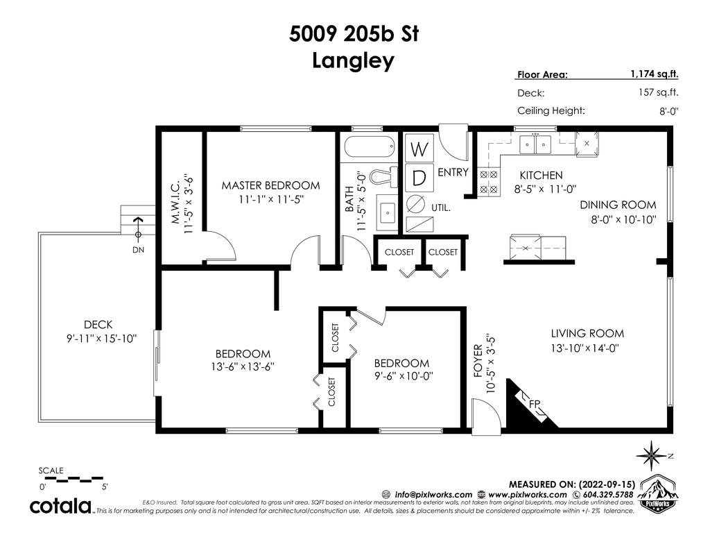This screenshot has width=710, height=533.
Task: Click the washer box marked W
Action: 419,148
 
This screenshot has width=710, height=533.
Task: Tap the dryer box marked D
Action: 419,178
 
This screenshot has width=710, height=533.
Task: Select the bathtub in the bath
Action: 370,147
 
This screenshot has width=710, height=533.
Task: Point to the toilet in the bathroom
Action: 383,176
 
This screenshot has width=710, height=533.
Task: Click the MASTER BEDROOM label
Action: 271,185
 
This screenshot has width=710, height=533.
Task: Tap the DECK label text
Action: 98,325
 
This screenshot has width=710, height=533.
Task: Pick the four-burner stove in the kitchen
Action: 489,182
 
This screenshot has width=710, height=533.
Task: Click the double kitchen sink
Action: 535,144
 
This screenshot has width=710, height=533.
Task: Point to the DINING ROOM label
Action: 618,205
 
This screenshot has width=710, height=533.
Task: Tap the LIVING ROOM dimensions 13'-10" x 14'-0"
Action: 585,348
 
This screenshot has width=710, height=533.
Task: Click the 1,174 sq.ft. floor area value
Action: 655,74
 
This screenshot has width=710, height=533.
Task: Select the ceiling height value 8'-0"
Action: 668,110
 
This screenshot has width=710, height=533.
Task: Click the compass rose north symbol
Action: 652,455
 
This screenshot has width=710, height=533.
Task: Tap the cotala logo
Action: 61,506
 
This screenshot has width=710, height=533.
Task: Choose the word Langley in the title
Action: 353,61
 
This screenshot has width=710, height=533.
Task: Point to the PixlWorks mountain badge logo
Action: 658,493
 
